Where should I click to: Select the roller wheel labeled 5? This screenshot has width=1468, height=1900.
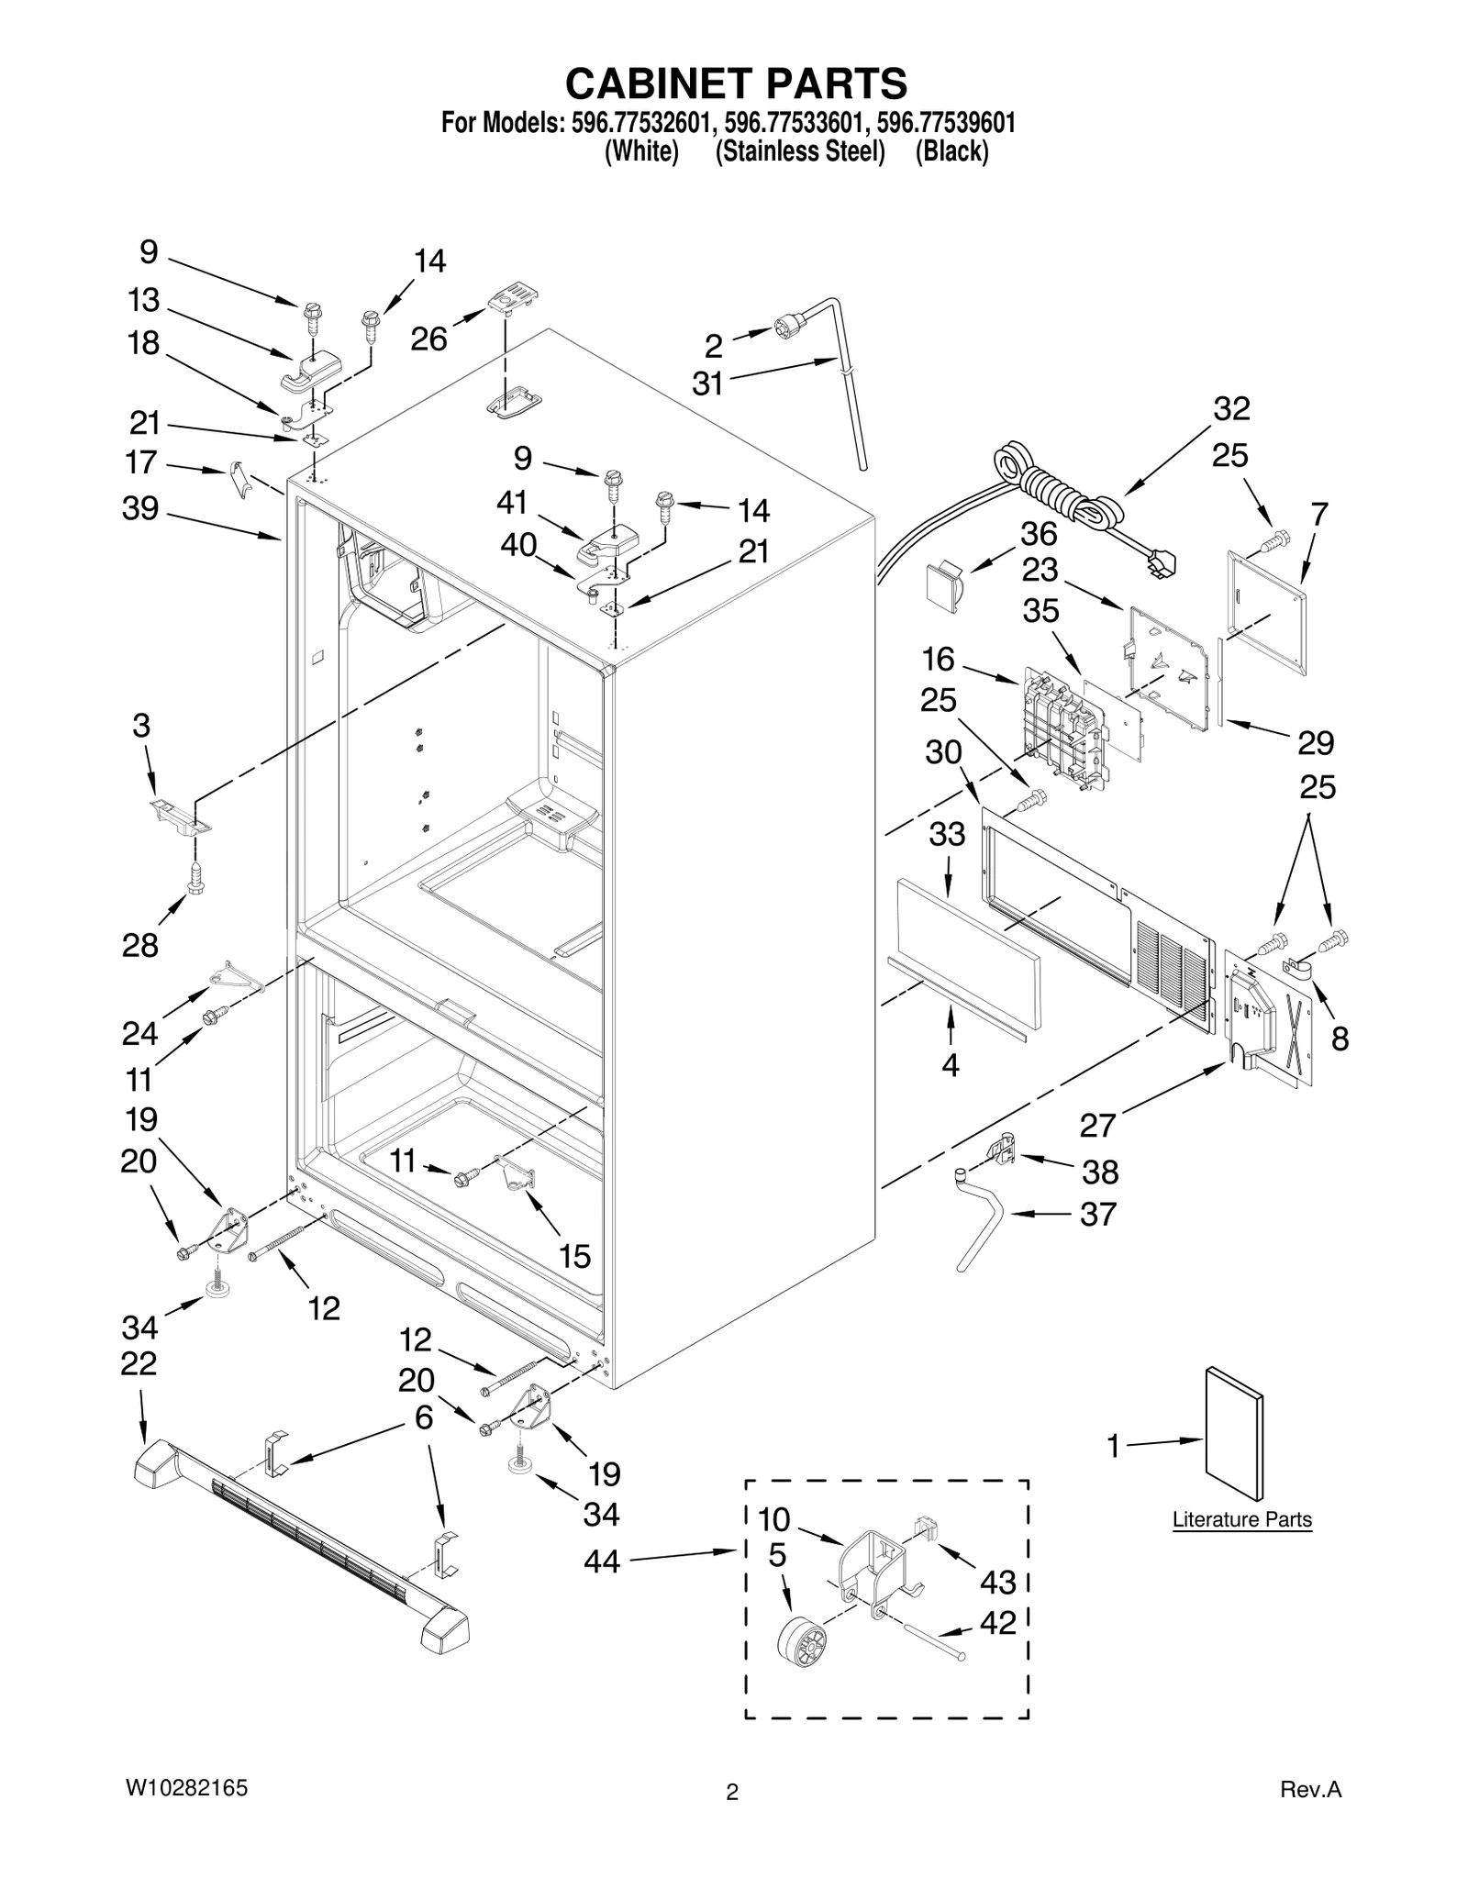[x=800, y=1641]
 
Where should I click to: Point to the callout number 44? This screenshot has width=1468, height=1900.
[x=602, y=1561]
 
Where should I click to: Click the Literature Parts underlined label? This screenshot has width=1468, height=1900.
[x=1241, y=1519]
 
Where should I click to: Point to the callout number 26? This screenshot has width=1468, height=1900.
[x=428, y=339]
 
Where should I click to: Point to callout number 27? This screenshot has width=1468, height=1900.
[x=1096, y=1124]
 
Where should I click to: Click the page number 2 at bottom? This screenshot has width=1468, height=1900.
[x=731, y=1792]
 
